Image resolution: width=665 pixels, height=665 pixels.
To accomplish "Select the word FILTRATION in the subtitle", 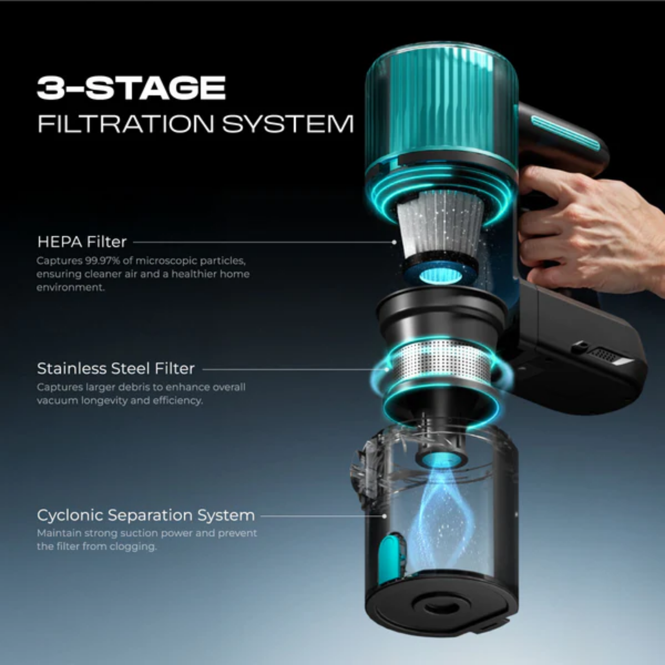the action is (x=126, y=124).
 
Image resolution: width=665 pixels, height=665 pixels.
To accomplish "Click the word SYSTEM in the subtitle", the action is (x=288, y=124).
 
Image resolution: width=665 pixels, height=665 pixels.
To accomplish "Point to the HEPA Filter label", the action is (x=82, y=242).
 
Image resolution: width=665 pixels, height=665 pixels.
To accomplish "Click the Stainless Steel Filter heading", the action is (x=116, y=369).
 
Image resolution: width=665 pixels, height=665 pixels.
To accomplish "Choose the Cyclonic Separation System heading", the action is (x=146, y=515).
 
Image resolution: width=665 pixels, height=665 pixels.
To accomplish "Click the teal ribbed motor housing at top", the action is (x=442, y=103).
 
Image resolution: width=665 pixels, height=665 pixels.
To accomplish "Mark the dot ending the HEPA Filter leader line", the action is (x=394, y=242).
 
